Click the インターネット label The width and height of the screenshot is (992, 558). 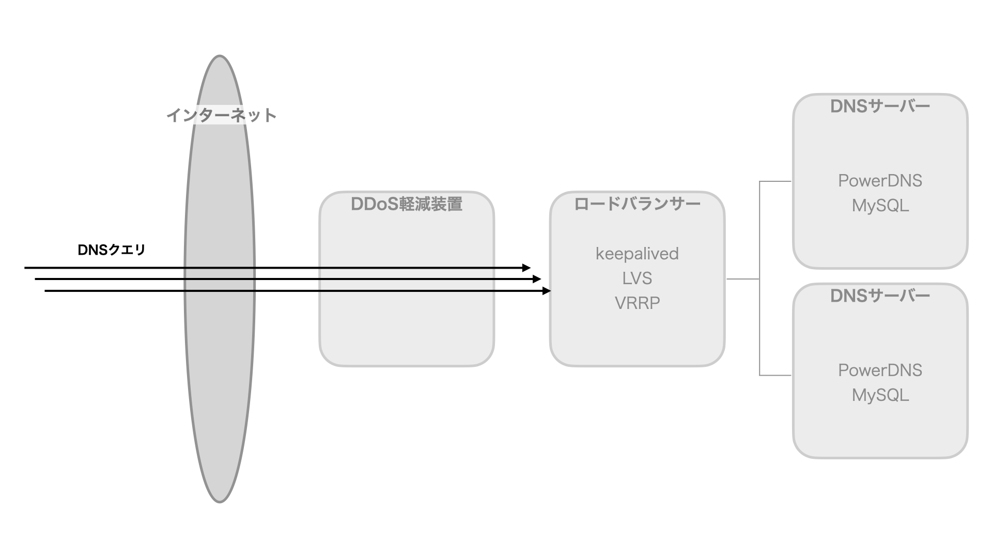pos(222,115)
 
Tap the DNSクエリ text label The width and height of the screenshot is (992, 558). pos(112,250)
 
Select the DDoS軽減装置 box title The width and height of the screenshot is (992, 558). pos(407,204)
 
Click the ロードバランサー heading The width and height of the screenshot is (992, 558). pos(637,204)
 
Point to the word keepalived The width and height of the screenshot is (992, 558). pos(637,254)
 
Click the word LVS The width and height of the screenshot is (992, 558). pos(637,278)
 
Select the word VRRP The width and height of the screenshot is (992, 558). pos(637,303)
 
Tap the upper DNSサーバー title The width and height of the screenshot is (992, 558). pos(880,106)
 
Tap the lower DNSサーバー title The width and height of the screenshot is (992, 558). pos(880,296)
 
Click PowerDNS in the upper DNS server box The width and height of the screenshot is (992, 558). pos(880,181)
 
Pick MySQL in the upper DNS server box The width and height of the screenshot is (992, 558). pos(880,206)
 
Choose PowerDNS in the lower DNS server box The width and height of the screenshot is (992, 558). pos(880,370)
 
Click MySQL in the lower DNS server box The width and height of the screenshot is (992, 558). pos(880,395)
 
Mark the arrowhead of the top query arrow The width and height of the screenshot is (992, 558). pos(527,268)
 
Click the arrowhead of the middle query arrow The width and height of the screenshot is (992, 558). pos(537,279)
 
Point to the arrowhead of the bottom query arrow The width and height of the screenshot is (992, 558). pos(547,291)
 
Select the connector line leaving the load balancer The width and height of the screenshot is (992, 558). pos(742,279)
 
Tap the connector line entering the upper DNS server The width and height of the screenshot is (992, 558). pos(775,181)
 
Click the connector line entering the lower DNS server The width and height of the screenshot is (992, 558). pos(775,375)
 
